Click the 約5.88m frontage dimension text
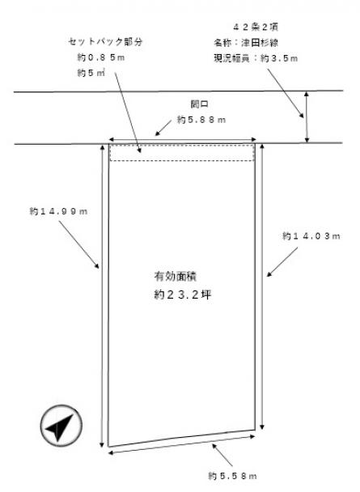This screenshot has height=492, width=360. (x=201, y=120)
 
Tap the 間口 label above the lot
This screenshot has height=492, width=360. (x=200, y=104)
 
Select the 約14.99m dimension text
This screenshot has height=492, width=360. (x=58, y=211)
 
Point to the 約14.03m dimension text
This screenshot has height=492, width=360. (x=311, y=236)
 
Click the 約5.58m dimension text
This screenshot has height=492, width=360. (x=232, y=476)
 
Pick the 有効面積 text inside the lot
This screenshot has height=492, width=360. (x=176, y=276)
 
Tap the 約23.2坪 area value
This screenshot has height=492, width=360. (x=183, y=295)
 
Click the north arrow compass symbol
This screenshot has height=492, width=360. (x=61, y=426)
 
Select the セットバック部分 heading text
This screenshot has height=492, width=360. (x=105, y=42)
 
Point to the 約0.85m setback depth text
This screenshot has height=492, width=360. (x=101, y=57)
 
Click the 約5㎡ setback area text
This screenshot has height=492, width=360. (x=91, y=73)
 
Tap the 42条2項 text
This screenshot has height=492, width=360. (x=256, y=27)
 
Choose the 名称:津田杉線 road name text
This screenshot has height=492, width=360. (x=246, y=43)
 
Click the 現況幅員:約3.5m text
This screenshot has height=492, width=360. (x=256, y=58)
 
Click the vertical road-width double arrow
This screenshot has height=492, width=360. (x=307, y=117)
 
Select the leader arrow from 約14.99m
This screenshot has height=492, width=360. (x=78, y=244)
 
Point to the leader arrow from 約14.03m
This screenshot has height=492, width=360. (x=282, y=261)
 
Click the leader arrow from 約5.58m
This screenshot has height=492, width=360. (x=222, y=455)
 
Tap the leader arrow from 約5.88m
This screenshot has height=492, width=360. (x=163, y=128)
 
